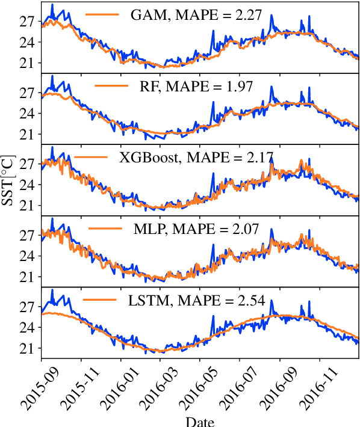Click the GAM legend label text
(x=196, y=16)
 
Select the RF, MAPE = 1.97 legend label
(x=196, y=87)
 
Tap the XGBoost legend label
(x=196, y=158)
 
